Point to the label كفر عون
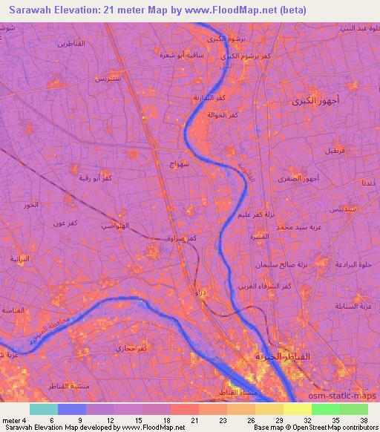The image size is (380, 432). (56, 223)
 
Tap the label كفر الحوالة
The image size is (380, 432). (223, 115)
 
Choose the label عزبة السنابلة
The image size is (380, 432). (353, 306)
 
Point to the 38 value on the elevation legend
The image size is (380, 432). (364, 419)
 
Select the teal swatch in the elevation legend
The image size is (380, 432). (43, 409)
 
